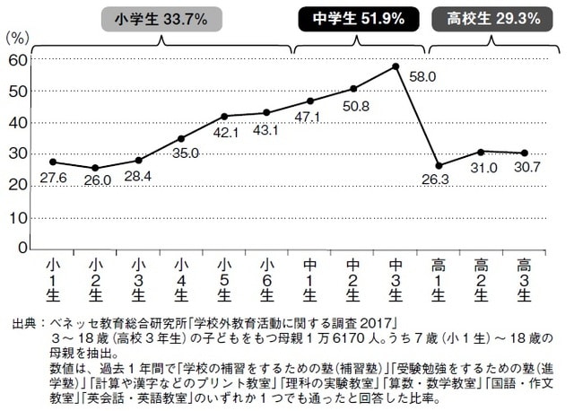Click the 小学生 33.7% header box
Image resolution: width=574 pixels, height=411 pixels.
pyautogui.click(x=162, y=18)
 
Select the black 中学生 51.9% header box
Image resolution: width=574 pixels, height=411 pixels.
pyautogui.click(x=356, y=18)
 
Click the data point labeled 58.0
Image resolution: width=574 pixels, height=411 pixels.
pyautogui.click(x=395, y=66)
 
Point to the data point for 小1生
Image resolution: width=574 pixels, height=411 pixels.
pyautogui.click(x=54, y=162)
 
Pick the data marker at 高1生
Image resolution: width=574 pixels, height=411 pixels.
pyautogui.click(x=438, y=165)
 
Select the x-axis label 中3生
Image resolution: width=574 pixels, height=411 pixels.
pyautogui.click(x=395, y=279)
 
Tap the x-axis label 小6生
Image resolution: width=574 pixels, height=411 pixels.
pyautogui.click(x=266, y=279)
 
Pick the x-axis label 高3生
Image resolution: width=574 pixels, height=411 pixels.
pyautogui.click(x=524, y=279)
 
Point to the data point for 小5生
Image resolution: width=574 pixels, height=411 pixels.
pyautogui.click(x=224, y=116)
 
